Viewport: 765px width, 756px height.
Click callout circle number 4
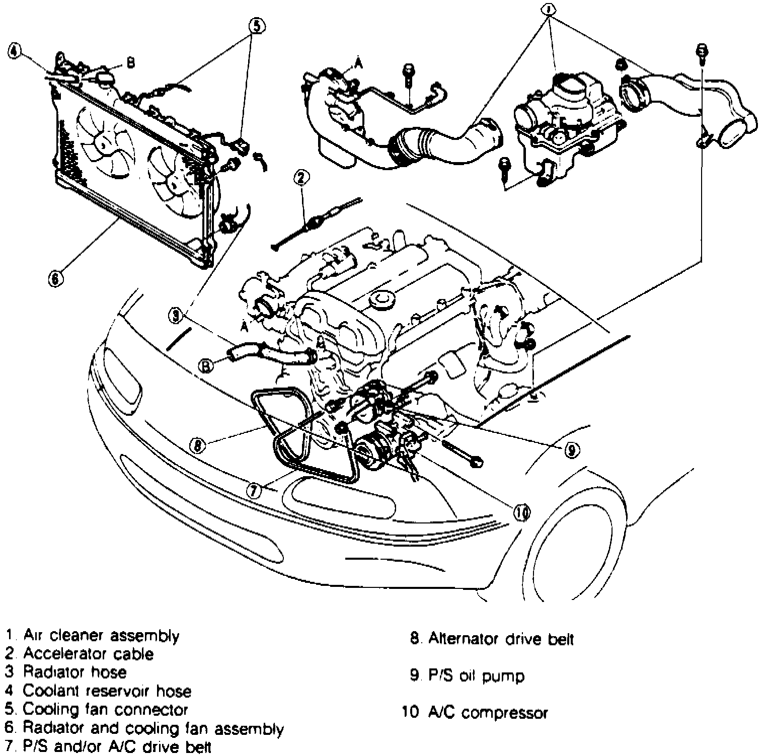pos(15,51)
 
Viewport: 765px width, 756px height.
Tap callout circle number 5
pos(256,26)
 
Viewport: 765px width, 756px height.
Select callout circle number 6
pos(55,277)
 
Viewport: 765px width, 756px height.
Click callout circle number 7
pos(255,490)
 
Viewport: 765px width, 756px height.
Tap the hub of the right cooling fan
pos(174,180)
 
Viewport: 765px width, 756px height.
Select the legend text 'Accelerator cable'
pos(88,654)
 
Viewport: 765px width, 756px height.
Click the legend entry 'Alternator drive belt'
pos(501,639)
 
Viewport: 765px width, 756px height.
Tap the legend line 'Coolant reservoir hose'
pos(107,691)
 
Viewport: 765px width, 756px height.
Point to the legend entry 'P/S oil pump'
pos(476,675)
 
